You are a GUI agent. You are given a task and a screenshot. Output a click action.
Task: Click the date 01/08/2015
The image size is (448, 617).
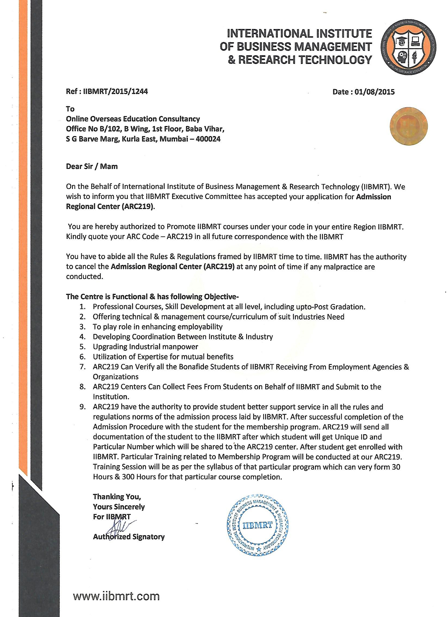click(x=376, y=92)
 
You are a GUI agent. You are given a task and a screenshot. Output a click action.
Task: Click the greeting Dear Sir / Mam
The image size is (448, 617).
click(x=92, y=166)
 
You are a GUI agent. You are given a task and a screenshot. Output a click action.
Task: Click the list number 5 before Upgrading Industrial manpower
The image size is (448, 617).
click(x=82, y=347)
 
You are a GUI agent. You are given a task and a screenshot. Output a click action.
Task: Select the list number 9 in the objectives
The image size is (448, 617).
click(x=82, y=407)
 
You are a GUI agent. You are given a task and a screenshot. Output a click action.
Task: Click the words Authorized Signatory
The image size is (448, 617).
click(x=129, y=537)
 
